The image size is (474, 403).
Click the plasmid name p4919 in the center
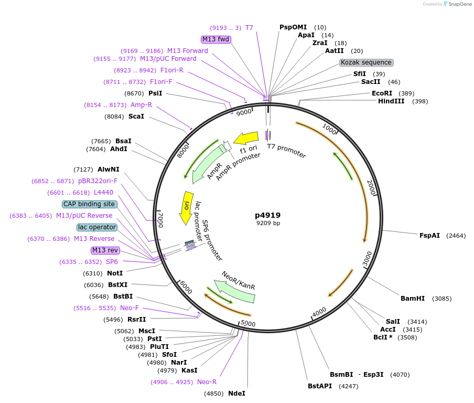click(x=267, y=215)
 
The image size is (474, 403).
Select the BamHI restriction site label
click(x=412, y=299)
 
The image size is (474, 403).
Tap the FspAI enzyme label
click(x=429, y=236)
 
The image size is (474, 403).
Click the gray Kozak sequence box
click(x=366, y=62)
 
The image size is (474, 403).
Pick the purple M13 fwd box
click(x=216, y=39)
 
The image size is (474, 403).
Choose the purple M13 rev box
click(x=105, y=250)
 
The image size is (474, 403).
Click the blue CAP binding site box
click(x=89, y=204)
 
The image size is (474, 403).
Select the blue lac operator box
click(x=96, y=227)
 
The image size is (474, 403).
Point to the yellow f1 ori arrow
click(x=246, y=139)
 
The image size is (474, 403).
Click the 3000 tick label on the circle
click(x=367, y=258)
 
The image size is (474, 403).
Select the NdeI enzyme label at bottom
click(x=236, y=394)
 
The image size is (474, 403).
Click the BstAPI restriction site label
click(x=320, y=386)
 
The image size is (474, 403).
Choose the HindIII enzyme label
click(x=391, y=101)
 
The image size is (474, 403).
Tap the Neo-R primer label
click(x=207, y=382)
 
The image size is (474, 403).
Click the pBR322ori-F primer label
click(x=98, y=181)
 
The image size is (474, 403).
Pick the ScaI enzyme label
click(x=136, y=116)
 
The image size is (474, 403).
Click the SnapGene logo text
click(x=459, y=4)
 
